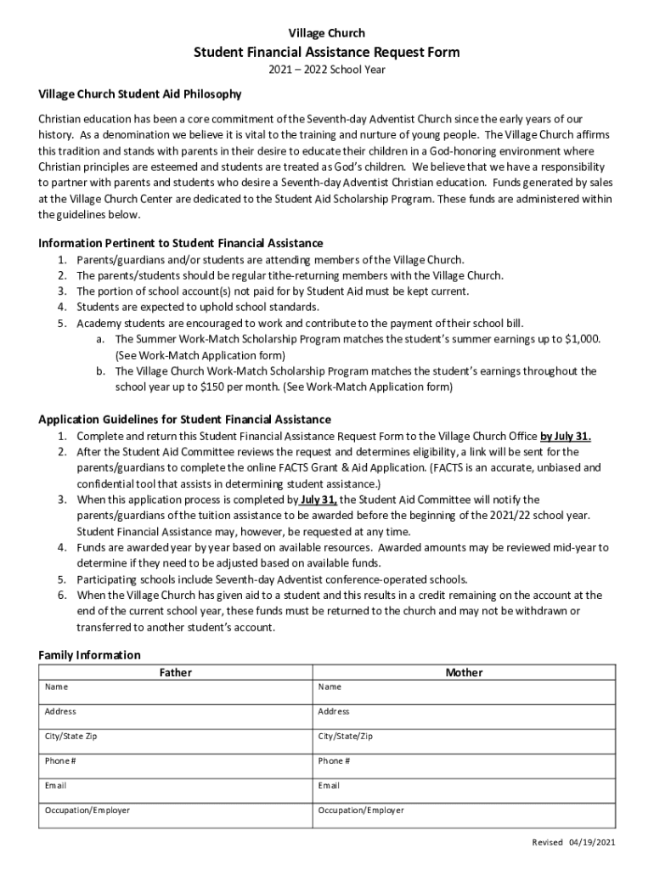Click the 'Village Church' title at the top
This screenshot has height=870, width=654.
327,33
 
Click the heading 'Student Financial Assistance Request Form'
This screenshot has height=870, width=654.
327,53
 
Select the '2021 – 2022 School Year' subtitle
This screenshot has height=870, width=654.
327,70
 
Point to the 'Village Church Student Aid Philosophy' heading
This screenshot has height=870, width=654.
140,94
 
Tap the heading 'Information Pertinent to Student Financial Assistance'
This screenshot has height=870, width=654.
181,243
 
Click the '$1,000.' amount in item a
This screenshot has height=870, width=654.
584,339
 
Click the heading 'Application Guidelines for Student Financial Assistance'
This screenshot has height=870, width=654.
185,420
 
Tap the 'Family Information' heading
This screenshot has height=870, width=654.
90,655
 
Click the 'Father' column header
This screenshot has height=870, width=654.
176,673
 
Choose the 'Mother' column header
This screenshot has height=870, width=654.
464,673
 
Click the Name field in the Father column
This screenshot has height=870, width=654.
176,692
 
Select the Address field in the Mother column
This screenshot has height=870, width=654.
464,716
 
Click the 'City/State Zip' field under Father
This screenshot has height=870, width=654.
176,741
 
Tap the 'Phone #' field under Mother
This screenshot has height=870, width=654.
464,765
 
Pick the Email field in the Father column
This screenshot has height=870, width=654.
176,790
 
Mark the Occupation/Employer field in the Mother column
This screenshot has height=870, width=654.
464,816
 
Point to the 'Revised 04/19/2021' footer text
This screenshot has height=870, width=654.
573,842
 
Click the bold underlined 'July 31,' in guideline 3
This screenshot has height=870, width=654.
319,500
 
